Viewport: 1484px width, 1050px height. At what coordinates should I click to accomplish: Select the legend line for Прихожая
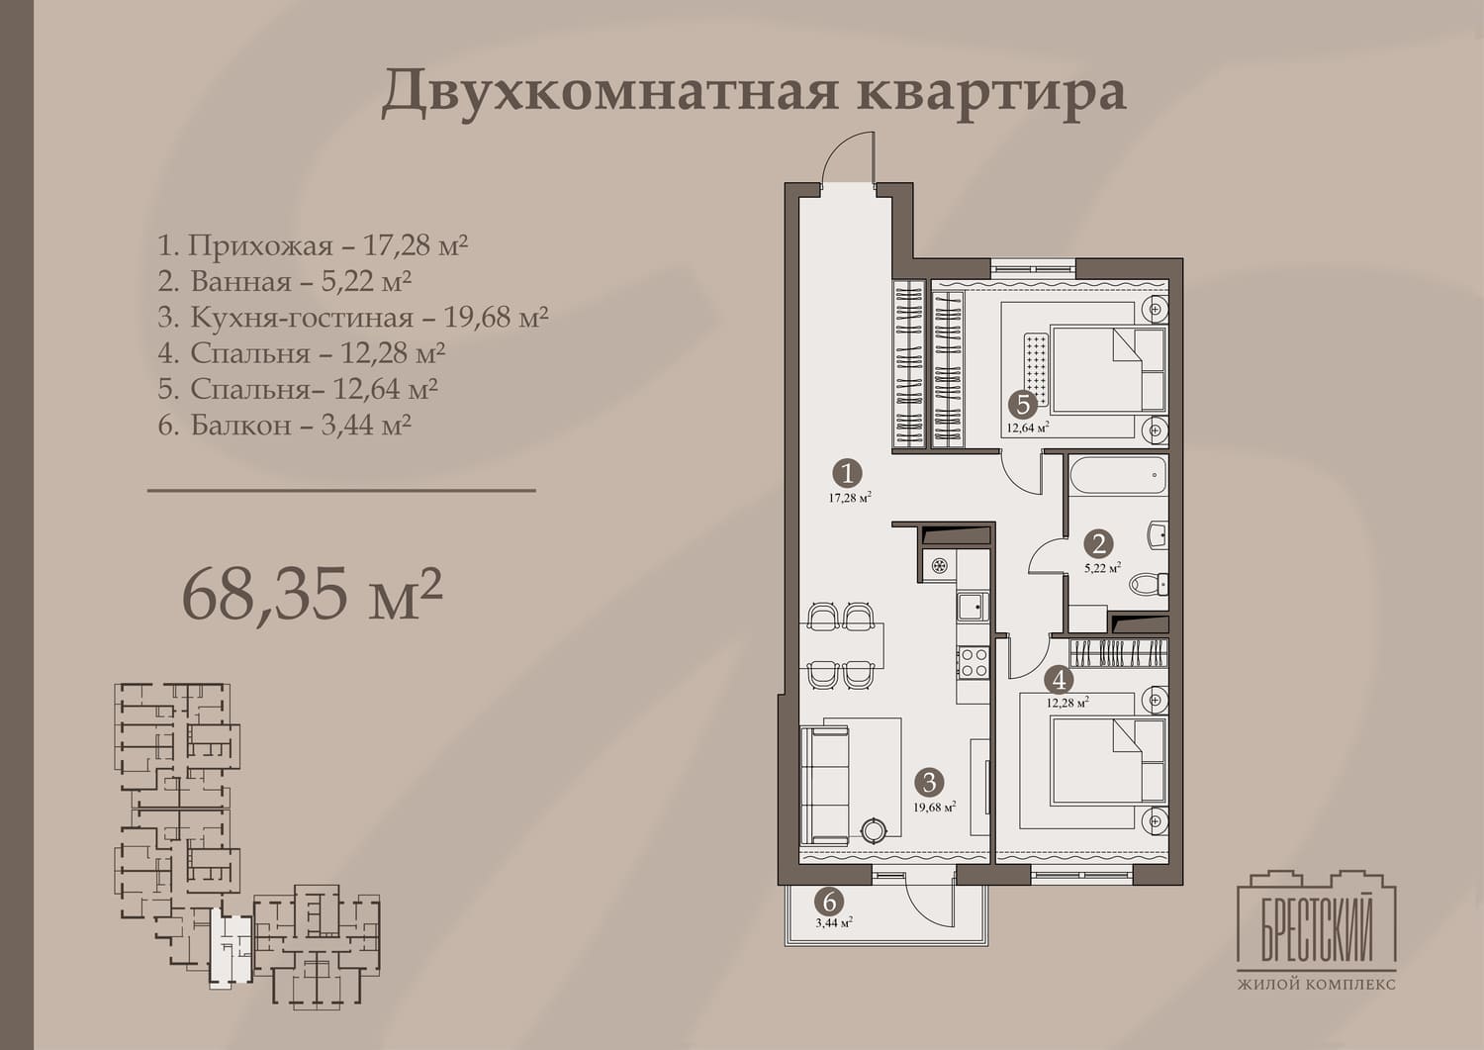coord(313,245)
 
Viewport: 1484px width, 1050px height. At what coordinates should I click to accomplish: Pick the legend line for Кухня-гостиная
coord(353,317)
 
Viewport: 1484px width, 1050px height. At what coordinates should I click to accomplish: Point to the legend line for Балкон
coord(284,425)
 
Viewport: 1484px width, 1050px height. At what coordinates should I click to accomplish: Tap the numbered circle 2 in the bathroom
coord(1098,544)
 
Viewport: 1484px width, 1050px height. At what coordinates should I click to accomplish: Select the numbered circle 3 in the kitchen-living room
coord(930,783)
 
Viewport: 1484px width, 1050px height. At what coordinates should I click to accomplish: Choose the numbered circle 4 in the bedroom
coord(1060,680)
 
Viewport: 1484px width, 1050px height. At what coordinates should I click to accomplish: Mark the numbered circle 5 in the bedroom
coord(1022,404)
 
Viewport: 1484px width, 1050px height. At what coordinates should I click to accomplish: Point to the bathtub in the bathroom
coord(1118,475)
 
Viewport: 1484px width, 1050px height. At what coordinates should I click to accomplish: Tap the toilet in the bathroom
coord(1148,584)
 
